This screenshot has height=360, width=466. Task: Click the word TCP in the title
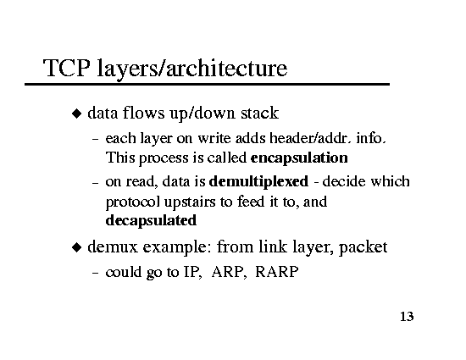pyautogui.click(x=66, y=68)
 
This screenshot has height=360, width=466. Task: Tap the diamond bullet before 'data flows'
pyautogui.click(x=76, y=114)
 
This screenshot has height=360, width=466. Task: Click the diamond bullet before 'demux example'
pyautogui.click(x=76, y=247)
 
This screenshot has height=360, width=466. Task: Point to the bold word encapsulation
pyautogui.click(x=299, y=158)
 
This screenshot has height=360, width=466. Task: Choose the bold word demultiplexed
pyautogui.click(x=259, y=182)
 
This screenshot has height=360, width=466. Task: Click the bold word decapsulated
pyautogui.click(x=151, y=221)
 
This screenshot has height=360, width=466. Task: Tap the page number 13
pyautogui.click(x=407, y=317)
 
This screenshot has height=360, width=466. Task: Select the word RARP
pyautogui.click(x=277, y=272)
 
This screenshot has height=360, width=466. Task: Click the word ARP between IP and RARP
pyautogui.click(x=228, y=272)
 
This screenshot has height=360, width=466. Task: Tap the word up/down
pyautogui.click(x=202, y=114)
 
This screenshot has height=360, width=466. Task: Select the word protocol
pyautogui.click(x=133, y=202)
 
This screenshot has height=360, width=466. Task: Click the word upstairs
pyautogui.click(x=190, y=202)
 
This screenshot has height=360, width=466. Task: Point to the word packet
pyautogui.click(x=363, y=247)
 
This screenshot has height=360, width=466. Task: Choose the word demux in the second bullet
pyautogui.click(x=113, y=247)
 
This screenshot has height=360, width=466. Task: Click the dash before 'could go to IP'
pyautogui.click(x=95, y=272)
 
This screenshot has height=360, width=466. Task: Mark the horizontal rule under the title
pyautogui.click(x=207, y=85)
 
